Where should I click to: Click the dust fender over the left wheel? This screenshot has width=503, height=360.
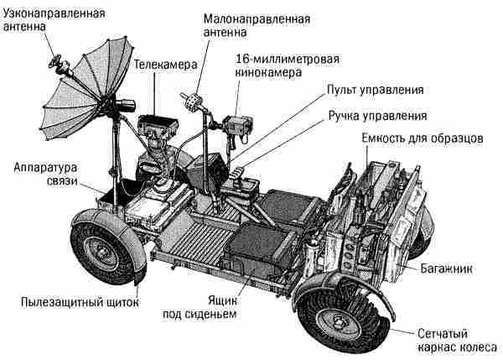point(101,222)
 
